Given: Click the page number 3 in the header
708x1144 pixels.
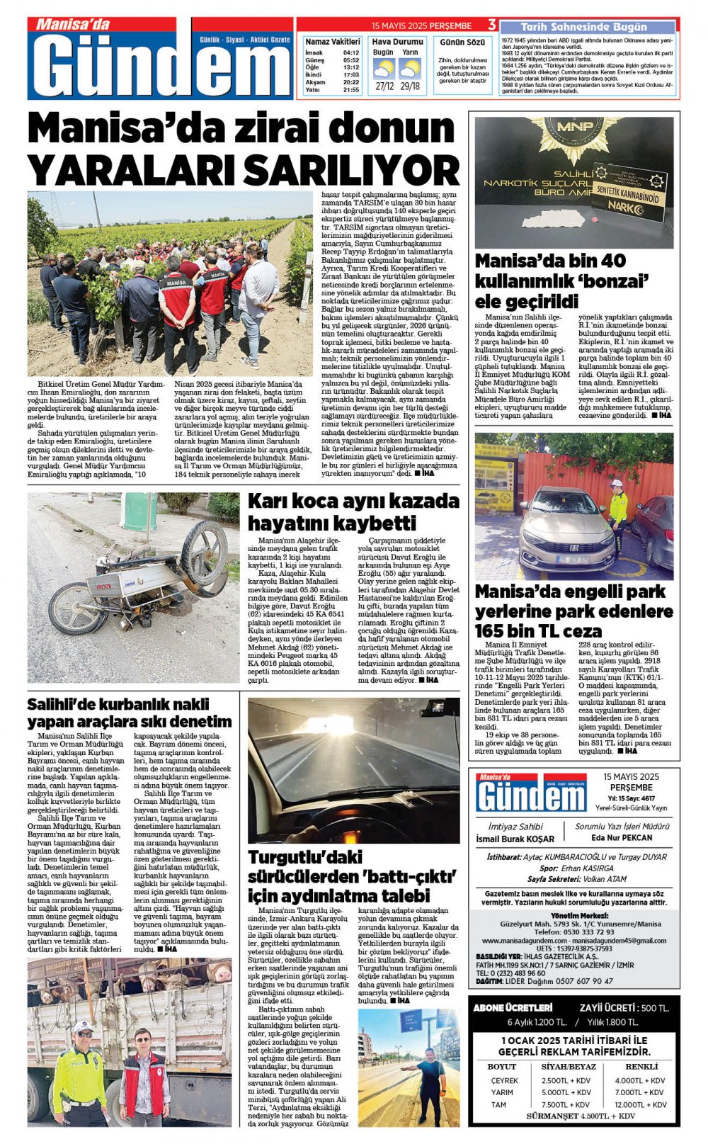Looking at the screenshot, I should point(491,26).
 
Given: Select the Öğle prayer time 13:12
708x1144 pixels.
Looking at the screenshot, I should point(350,67).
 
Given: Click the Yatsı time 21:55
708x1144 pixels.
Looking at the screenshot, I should point(350,90).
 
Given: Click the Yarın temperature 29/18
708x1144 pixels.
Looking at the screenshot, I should point(409,86).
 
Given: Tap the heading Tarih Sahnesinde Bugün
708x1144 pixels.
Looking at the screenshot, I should point(583,27).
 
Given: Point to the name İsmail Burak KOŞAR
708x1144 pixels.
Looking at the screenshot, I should point(515,839).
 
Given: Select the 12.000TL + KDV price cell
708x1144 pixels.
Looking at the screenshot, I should point(640,1104).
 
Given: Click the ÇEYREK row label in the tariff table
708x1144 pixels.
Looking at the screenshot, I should point(504,1080).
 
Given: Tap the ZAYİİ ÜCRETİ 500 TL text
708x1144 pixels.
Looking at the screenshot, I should point(623,1007).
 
